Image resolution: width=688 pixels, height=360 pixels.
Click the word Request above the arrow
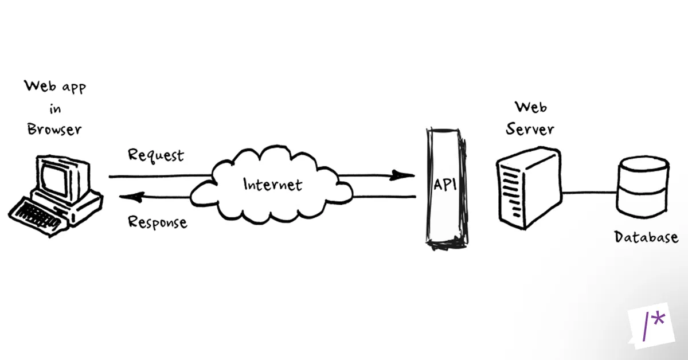pyautogui.click(x=156, y=155)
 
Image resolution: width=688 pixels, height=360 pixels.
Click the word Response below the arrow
pyautogui.click(x=157, y=222)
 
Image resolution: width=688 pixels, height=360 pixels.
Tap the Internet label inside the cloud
pyautogui.click(x=272, y=185)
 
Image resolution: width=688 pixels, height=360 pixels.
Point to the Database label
pyautogui.click(x=646, y=237)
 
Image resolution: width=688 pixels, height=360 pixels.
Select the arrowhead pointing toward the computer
pyautogui.click(x=130, y=198)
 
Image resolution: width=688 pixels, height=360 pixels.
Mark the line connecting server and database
pyautogui.click(x=589, y=193)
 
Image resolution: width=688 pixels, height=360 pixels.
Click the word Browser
pyautogui.click(x=54, y=129)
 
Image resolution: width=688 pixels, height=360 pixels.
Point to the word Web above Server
pyautogui.click(x=530, y=107)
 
